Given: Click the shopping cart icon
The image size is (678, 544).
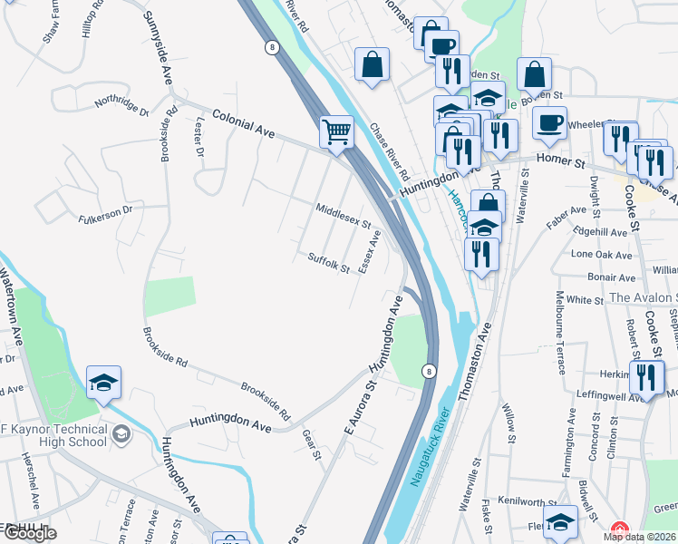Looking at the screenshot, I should point(336,132).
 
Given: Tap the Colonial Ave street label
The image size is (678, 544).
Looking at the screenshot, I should point(243,123).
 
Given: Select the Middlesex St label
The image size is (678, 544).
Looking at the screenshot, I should point(344,216).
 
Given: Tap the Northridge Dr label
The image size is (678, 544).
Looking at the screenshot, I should point(121,104).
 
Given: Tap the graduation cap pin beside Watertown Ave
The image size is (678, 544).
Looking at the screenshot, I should point(104,383).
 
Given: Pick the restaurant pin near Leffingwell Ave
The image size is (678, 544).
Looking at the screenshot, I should point(646,376).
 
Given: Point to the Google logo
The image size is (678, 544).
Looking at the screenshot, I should point(30,534).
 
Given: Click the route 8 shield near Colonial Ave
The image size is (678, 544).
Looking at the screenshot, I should point(271,47).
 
